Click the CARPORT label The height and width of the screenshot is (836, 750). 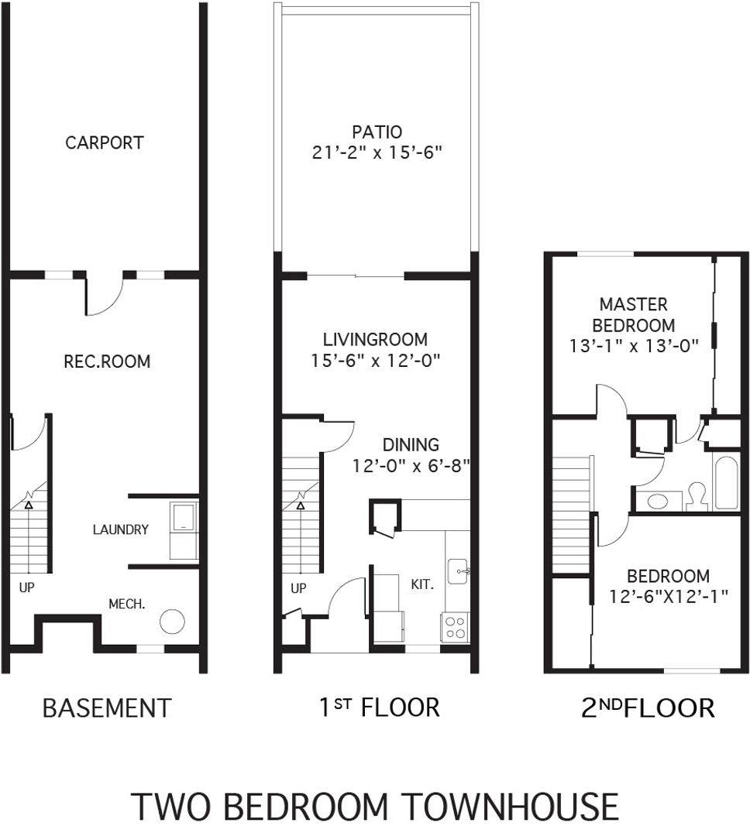click(104, 143)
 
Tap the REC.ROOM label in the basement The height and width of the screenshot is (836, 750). click(107, 361)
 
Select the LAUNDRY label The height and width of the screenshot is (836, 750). click(121, 529)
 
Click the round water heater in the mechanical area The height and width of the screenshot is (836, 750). click(172, 621)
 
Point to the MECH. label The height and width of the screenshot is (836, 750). click(127, 604)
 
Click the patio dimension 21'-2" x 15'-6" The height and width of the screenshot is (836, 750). click(377, 153)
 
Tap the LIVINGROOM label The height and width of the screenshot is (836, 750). click(375, 339)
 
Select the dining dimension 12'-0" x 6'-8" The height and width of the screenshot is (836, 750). click(411, 466)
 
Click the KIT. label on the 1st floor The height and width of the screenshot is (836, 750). click(422, 584)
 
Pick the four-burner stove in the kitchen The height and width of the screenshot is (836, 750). click(455, 627)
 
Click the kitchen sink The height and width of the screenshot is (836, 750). click(458, 571)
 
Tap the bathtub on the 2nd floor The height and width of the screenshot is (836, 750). click(726, 483)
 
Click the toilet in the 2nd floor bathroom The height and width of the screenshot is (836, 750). click(697, 497)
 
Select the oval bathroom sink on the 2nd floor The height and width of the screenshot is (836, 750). click(658, 501)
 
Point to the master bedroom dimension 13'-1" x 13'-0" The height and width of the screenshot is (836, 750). click(634, 346)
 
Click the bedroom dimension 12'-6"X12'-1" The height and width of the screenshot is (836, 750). click(669, 596)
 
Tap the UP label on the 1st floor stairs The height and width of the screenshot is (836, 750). click(298, 588)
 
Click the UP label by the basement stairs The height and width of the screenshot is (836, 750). click(26, 588)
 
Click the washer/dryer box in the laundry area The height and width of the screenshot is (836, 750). click(184, 530)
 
